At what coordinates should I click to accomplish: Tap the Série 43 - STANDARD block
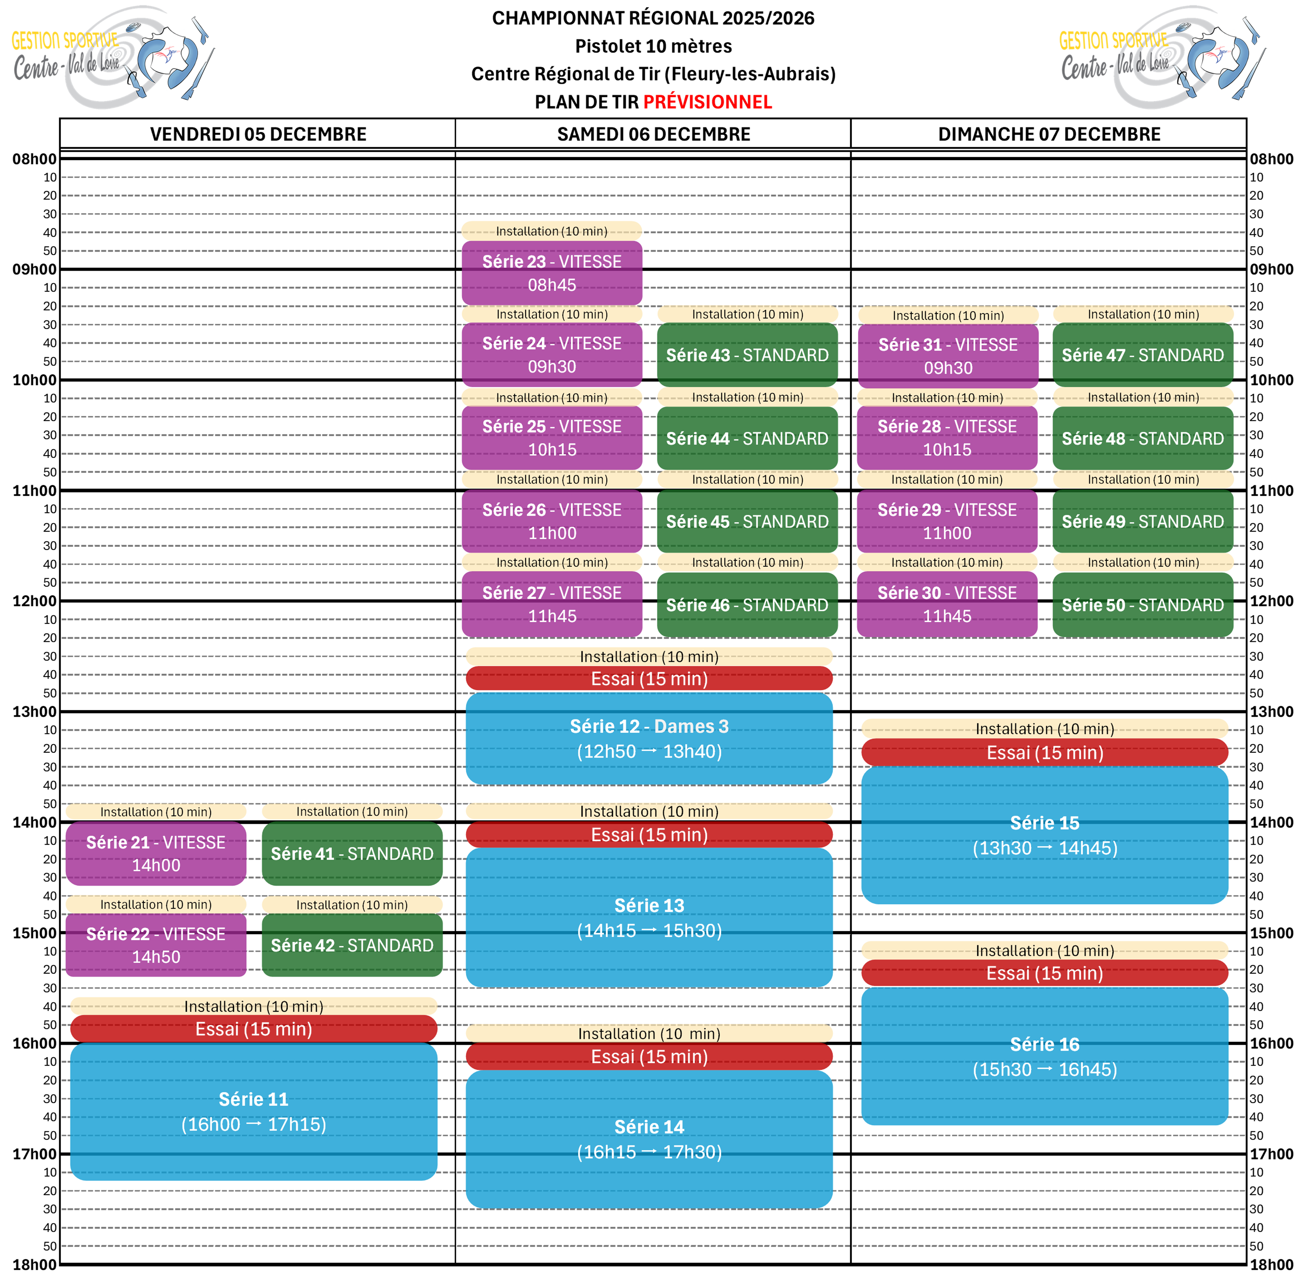point(747,355)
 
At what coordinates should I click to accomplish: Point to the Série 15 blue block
point(1044,835)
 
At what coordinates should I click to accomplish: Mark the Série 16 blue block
point(1044,1056)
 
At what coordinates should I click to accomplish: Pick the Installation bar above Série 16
point(1044,950)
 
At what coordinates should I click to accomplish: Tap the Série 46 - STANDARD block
point(747,605)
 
